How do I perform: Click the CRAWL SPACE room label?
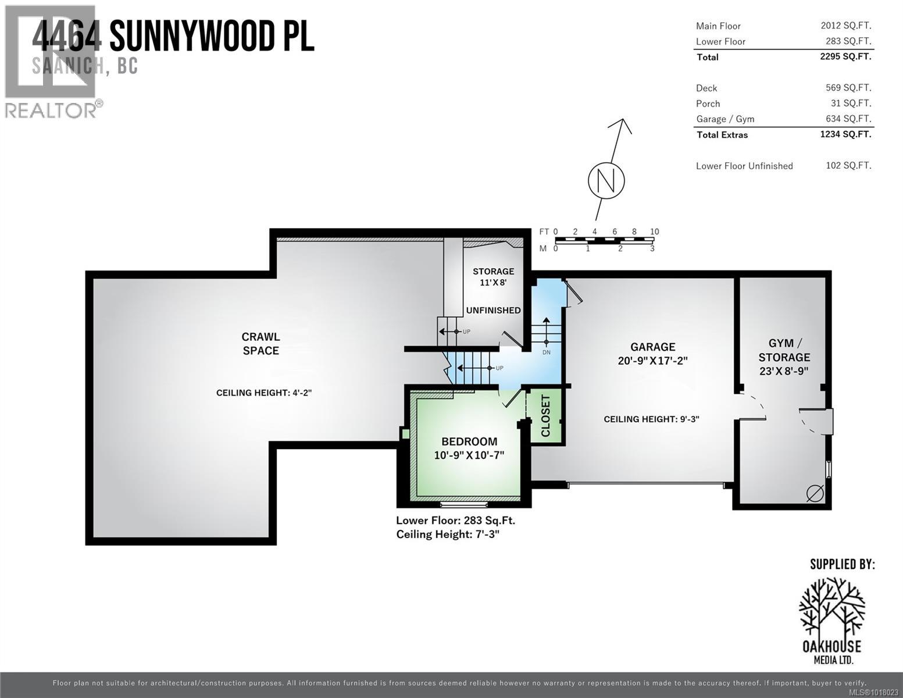click(260, 344)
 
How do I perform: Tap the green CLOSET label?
click(545, 415)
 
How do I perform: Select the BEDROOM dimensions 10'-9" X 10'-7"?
click(469, 455)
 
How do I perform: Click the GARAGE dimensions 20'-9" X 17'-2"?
click(652, 361)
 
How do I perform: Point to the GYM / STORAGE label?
click(784, 350)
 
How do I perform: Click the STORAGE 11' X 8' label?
click(493, 276)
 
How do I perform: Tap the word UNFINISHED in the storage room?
click(493, 310)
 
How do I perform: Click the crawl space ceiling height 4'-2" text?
click(264, 393)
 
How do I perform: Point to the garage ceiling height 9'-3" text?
click(651, 419)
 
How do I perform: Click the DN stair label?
click(546, 352)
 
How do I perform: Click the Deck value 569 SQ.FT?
click(848, 88)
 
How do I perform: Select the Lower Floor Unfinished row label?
click(744, 166)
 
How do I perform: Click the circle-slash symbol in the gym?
click(815, 493)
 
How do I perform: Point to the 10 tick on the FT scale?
click(654, 232)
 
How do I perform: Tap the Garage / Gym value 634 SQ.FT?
click(848, 119)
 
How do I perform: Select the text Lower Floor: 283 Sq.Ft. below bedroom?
click(455, 521)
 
